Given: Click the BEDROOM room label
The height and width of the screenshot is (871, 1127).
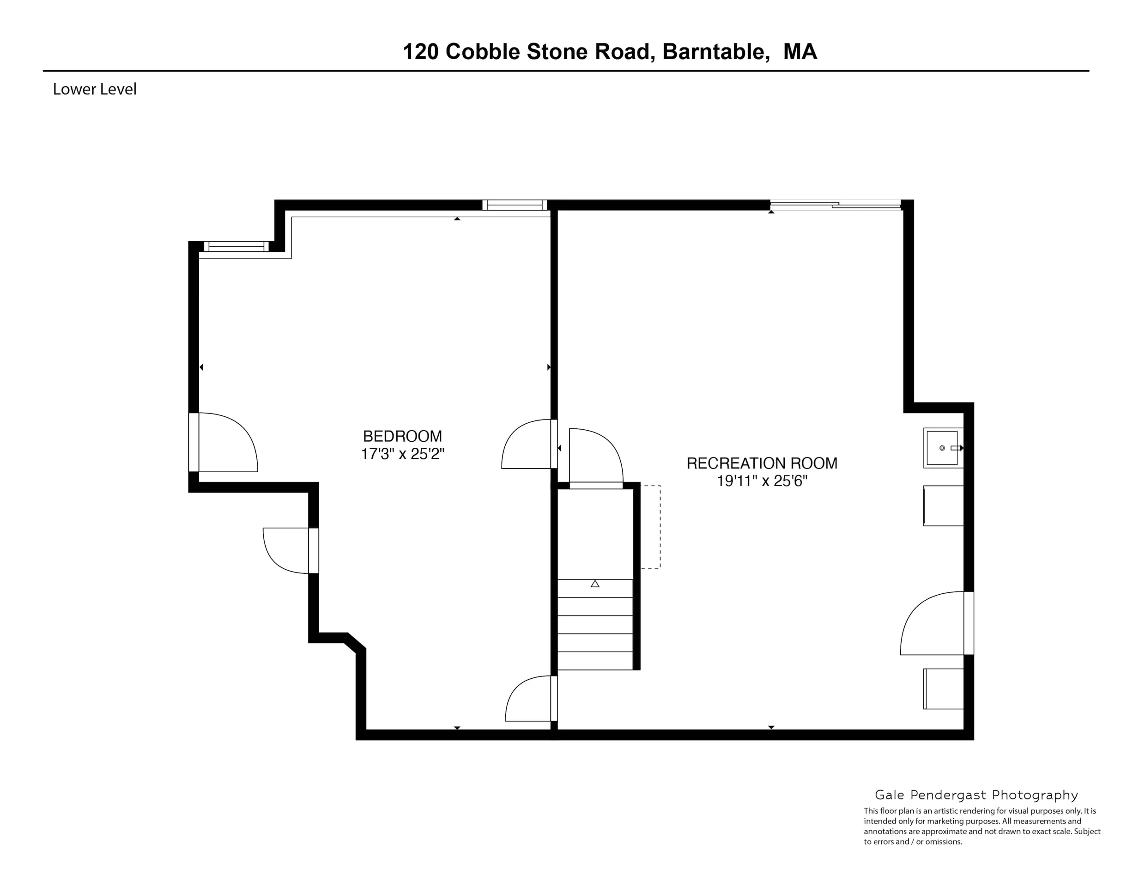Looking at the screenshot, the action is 402,436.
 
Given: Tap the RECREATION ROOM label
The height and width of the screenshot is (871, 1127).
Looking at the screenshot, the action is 762,463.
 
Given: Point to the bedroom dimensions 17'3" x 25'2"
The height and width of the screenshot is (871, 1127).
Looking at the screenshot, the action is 402,454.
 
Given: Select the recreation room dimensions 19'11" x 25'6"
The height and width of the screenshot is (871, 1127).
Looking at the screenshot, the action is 762,481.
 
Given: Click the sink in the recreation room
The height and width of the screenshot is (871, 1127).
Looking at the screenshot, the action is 943,448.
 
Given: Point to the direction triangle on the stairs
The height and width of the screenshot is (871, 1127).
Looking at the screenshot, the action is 595,584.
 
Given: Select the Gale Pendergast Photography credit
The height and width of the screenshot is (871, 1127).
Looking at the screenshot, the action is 976,795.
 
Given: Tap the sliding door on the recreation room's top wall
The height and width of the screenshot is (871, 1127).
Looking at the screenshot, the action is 836,206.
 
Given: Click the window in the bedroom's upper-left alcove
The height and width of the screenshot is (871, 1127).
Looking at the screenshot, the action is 236,246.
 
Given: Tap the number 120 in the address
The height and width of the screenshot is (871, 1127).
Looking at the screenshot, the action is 421,52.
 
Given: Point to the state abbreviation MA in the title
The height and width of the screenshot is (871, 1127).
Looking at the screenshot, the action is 800,52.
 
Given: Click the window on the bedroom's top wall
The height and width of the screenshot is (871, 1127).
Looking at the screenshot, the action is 515,205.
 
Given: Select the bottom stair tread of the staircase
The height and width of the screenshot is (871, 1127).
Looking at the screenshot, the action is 595,661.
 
